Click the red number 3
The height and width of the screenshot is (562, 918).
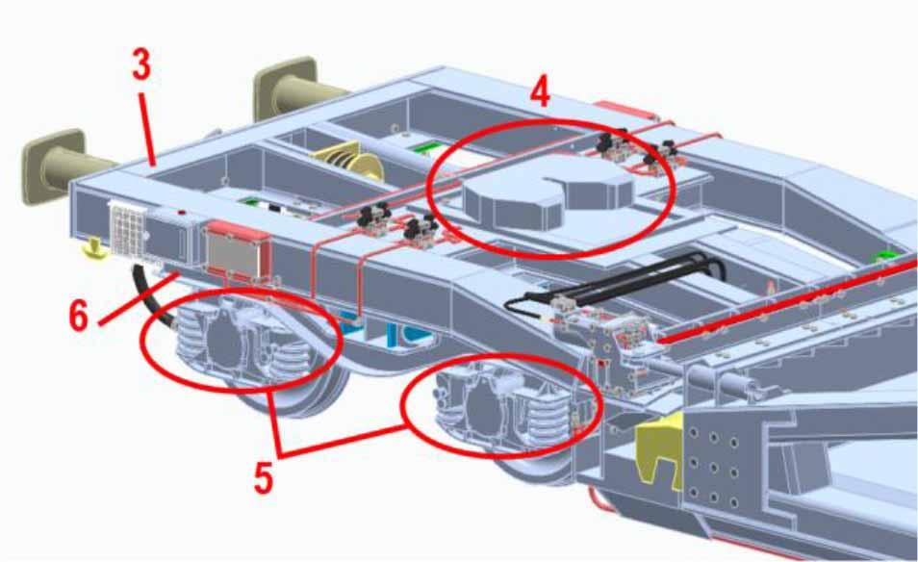tap(140, 64)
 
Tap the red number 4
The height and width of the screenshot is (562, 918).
tap(541, 92)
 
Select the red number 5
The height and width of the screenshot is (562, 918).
tap(263, 477)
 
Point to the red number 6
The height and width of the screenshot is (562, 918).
tap(79, 316)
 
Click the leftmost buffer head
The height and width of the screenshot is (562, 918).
tap(53, 166)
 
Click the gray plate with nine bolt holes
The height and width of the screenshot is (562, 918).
tap(712, 464)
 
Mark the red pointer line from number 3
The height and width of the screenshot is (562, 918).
tap(147, 127)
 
